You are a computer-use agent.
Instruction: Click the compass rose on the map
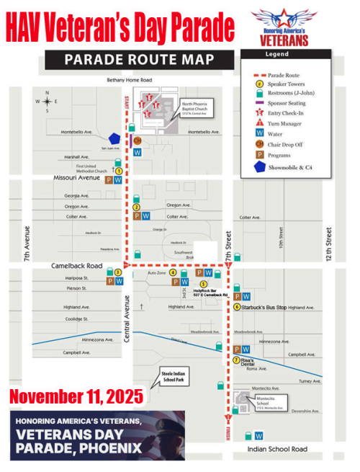pos(48,102)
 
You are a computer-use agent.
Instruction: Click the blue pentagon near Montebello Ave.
pos(113,138)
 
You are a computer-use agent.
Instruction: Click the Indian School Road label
pos(278,449)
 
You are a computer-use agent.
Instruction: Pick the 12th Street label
pos(328,244)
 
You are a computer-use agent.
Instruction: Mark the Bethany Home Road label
pos(129,80)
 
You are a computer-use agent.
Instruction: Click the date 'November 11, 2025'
pos(76,396)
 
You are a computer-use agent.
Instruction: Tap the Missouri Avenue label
pos(76,177)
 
